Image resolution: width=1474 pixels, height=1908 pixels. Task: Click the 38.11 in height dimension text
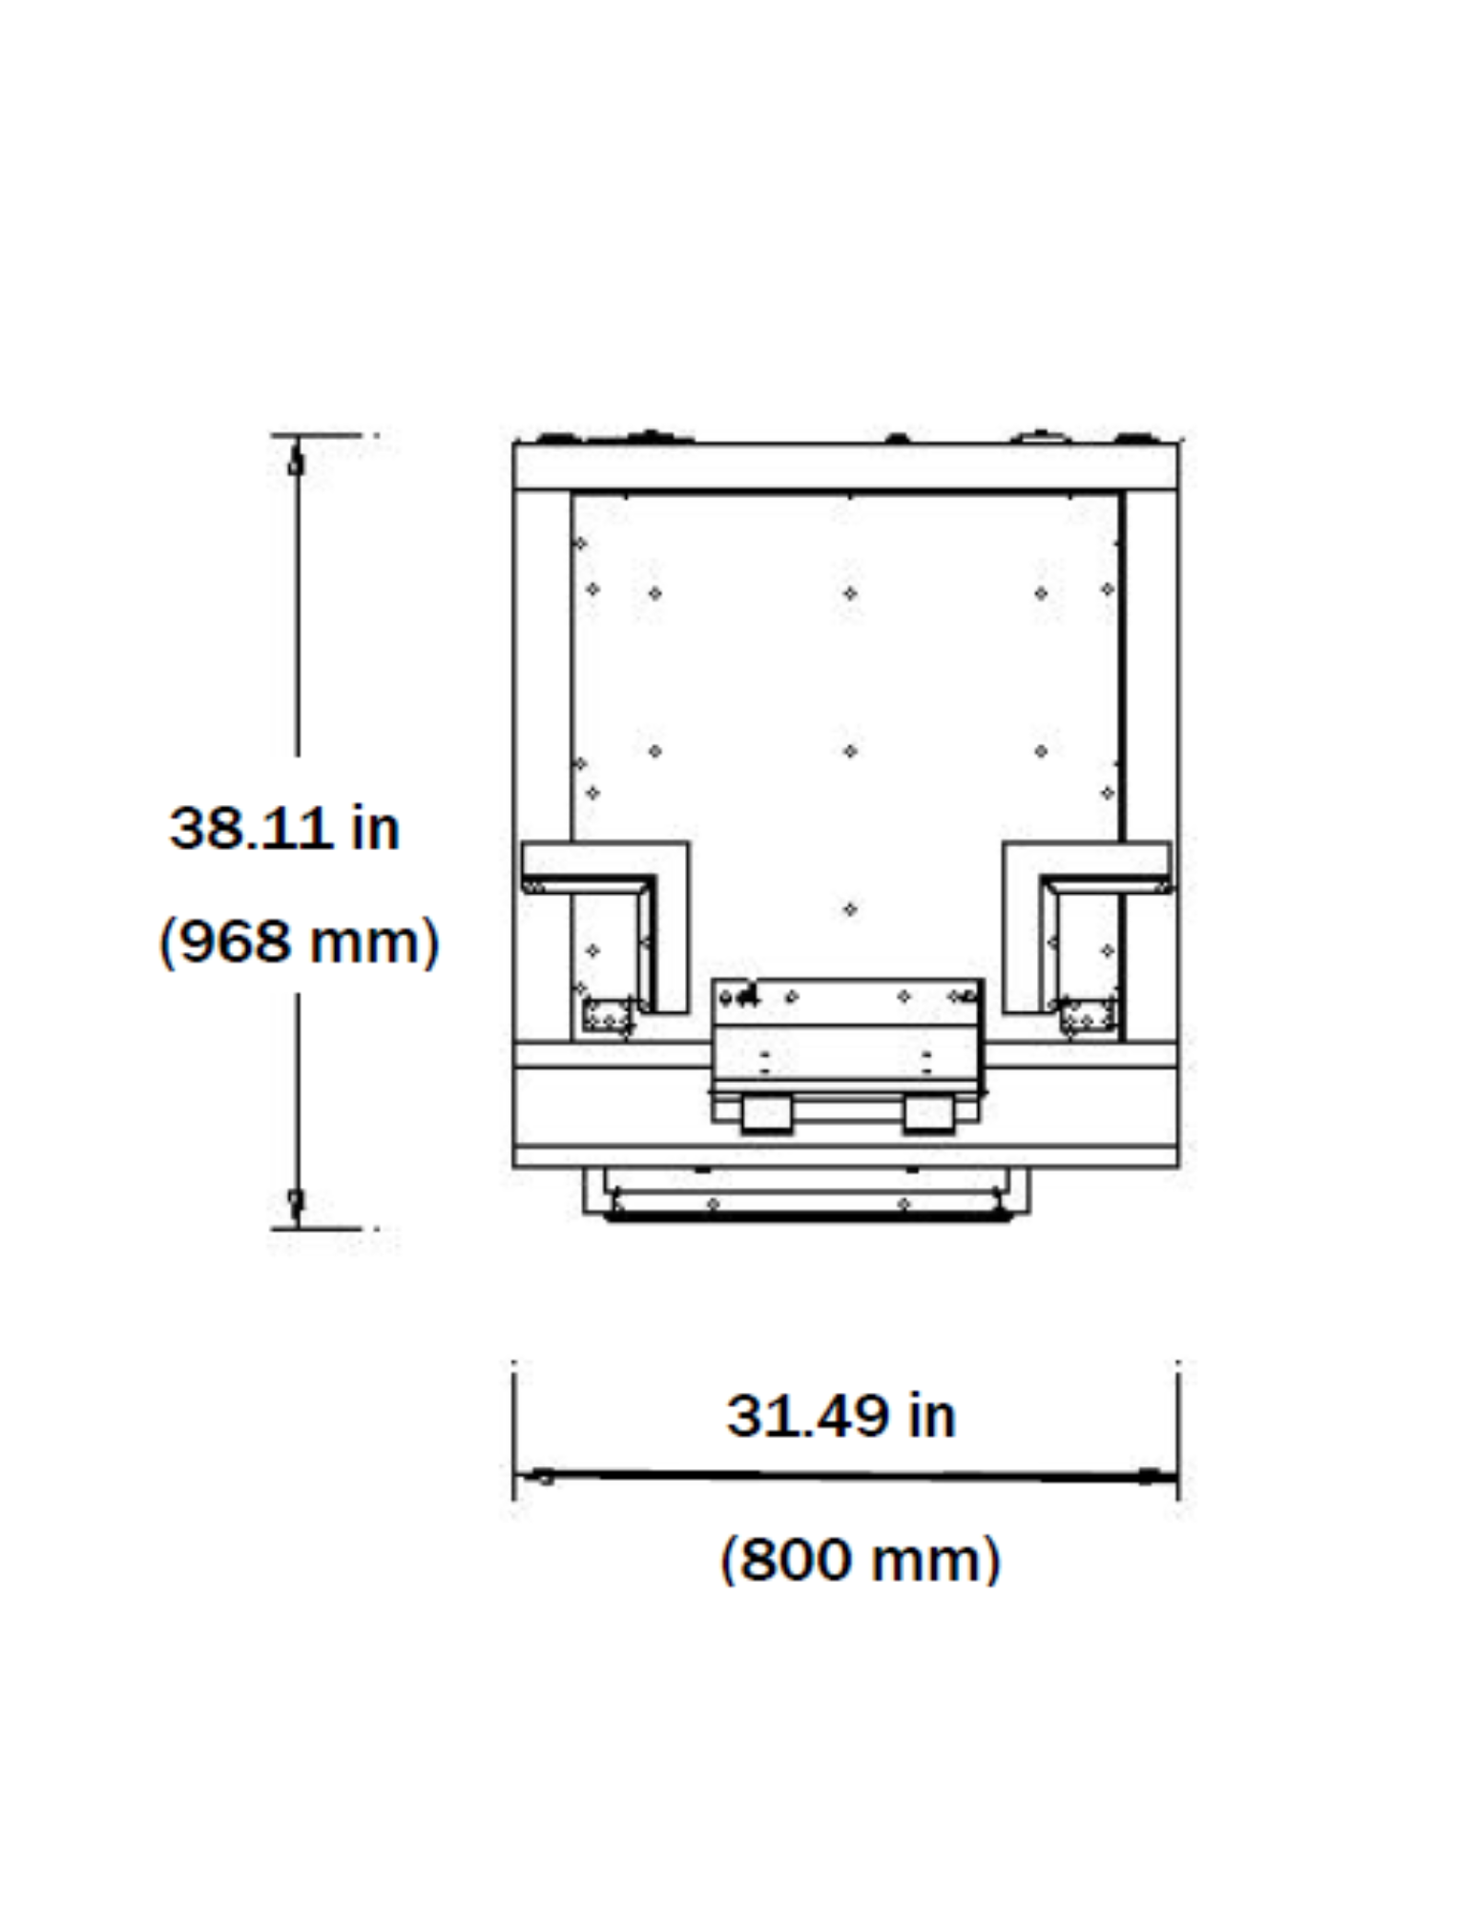pos(284,828)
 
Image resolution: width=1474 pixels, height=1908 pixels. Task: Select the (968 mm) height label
pos(299,942)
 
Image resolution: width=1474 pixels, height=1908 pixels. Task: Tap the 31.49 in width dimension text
pos(841,1416)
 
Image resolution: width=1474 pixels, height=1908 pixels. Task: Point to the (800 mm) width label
pos(860,1560)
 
